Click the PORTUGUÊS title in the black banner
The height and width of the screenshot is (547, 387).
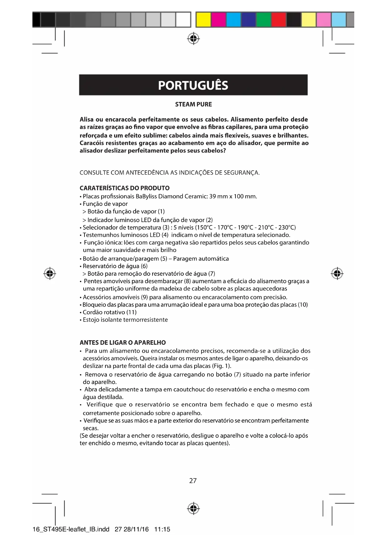click(193, 85)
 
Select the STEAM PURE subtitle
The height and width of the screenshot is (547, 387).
click(193, 104)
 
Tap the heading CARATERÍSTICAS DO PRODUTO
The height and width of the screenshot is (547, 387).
click(125, 188)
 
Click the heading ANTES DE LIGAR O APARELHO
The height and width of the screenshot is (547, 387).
click(123, 342)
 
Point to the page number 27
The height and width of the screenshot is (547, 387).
click(193, 481)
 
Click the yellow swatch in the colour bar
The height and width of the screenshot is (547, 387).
click(204, 20)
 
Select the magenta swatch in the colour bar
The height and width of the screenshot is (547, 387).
click(218, 20)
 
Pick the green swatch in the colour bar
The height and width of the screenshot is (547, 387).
click(264, 20)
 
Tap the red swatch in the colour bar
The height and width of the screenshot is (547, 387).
click(278, 20)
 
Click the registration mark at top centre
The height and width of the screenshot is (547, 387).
click(193, 38)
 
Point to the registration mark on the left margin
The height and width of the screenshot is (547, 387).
click(50, 273)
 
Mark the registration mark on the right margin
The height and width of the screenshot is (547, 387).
click(337, 273)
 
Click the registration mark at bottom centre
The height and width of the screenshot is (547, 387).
click(193, 508)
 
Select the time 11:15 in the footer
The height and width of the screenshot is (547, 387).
click(162, 529)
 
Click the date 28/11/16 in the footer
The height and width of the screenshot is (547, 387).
click(136, 529)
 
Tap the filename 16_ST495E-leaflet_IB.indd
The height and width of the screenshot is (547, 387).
click(71, 529)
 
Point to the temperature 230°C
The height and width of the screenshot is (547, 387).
click(287, 227)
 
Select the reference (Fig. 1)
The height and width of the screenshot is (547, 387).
click(221, 366)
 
